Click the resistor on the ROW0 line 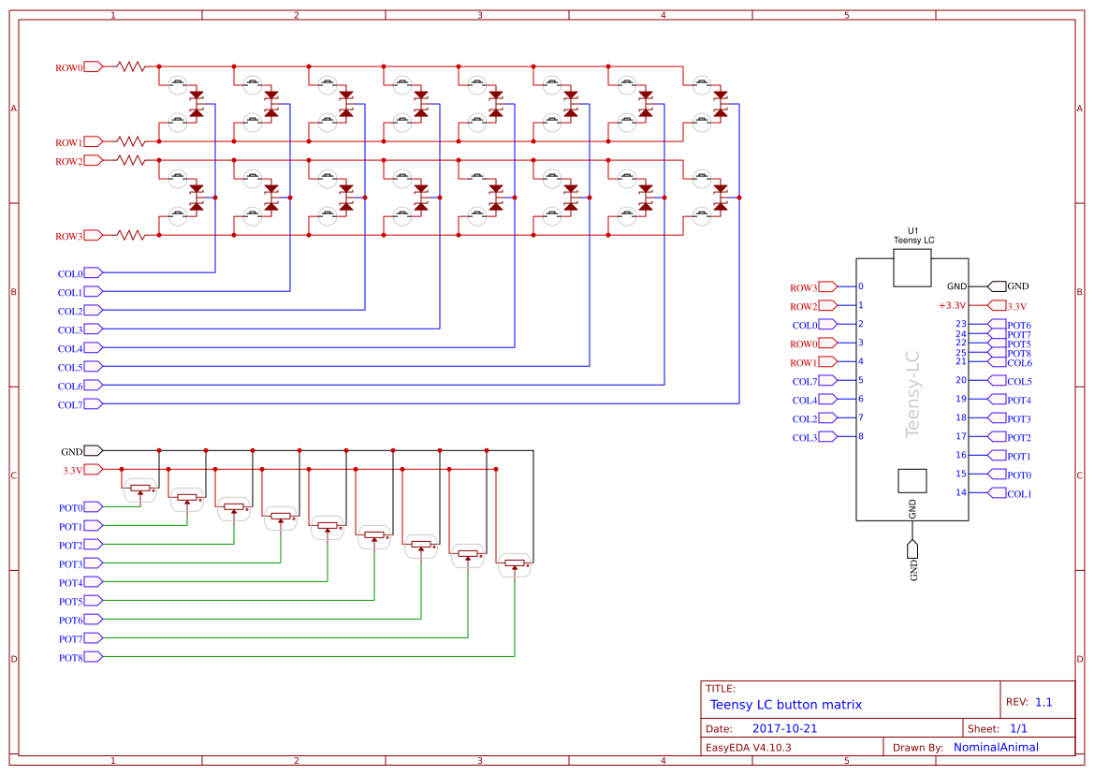tap(131, 67)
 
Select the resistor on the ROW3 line tap(131, 236)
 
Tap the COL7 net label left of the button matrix tap(70, 404)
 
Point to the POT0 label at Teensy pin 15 tap(1019, 475)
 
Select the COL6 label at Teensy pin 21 tap(1019, 362)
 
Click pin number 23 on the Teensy tap(960, 324)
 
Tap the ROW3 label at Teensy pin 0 tap(803, 287)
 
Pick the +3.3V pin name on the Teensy tap(952, 305)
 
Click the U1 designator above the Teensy tap(913, 230)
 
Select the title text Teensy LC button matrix tap(786, 705)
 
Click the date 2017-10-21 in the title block tap(784, 728)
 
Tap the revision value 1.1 tap(1043, 702)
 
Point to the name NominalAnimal tap(996, 747)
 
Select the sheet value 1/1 tap(1019, 728)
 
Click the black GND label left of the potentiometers tap(72, 451)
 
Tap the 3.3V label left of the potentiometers tap(72, 470)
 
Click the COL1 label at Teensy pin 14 tap(1019, 494)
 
